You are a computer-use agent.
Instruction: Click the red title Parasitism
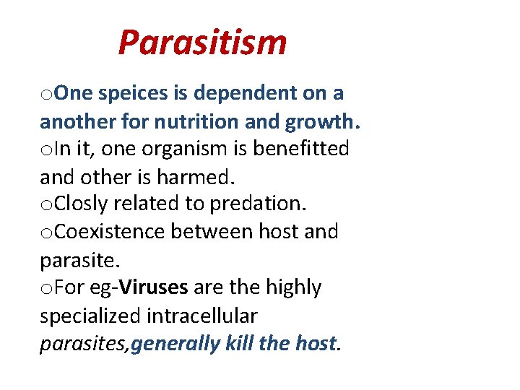[202, 42]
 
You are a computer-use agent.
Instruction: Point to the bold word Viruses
[155, 287]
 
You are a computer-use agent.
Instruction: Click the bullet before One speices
[45, 95]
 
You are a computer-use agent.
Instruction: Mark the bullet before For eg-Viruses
[45, 289]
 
